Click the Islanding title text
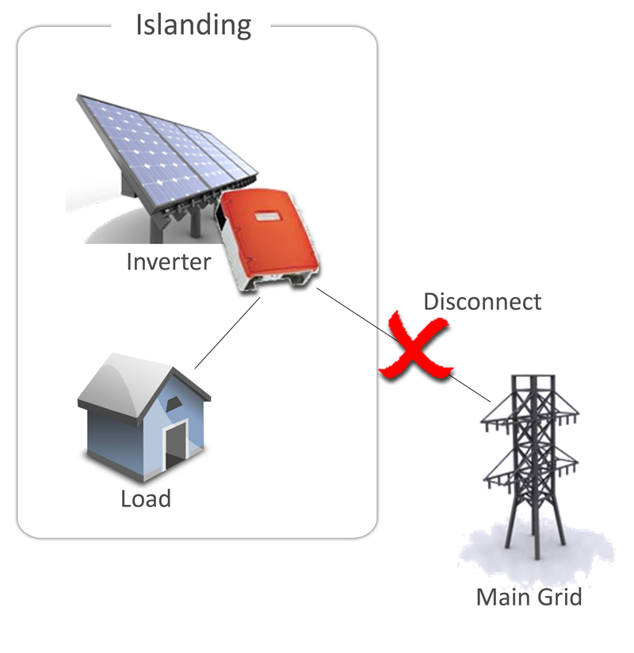193,25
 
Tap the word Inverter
168,262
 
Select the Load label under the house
146,498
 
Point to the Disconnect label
483,301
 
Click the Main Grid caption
529,598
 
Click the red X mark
415,346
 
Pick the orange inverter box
267,239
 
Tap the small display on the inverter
266,217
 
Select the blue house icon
144,418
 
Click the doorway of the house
177,445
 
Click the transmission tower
531,467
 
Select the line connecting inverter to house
227,333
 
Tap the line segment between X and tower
470,388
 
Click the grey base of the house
144,466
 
